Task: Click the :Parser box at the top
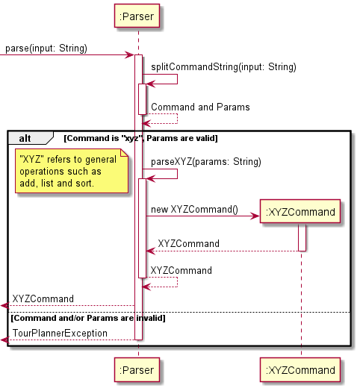click(x=137, y=16)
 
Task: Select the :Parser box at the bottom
click(x=137, y=370)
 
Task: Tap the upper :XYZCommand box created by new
click(x=301, y=213)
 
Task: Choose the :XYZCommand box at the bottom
click(x=301, y=370)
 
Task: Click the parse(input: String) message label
click(x=46, y=49)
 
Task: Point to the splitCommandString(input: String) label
click(x=223, y=67)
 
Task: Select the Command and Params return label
click(x=200, y=107)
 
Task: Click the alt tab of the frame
click(x=26, y=138)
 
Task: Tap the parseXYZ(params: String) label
click(x=206, y=161)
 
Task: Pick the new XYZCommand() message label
click(x=193, y=210)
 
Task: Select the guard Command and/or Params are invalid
click(x=88, y=318)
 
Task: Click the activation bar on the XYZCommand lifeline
click(x=302, y=238)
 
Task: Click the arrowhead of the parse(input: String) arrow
click(x=130, y=55)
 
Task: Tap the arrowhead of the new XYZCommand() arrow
click(x=255, y=216)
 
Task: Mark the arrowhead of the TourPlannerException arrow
click(x=4, y=340)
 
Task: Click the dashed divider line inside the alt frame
click(x=224, y=312)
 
